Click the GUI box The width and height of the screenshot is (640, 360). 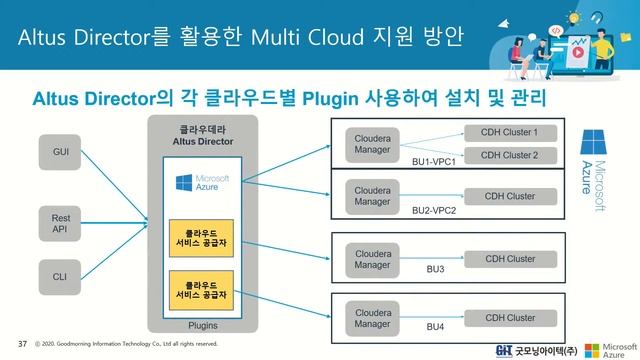pos(60,151)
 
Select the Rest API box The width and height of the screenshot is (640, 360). pos(60,222)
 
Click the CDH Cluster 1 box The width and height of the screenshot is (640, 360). pos(509,133)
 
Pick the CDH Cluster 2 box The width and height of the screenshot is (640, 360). pos(509,155)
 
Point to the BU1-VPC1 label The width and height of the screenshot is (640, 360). pos(434,162)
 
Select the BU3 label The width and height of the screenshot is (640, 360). pos(435,269)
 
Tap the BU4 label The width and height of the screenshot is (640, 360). pos(435,327)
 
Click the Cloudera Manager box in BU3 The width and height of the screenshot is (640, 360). pos(373,258)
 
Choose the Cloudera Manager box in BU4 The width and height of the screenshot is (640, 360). pos(373,317)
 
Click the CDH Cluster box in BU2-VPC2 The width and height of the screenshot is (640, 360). pos(509,196)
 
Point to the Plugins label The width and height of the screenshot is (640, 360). pos(203,326)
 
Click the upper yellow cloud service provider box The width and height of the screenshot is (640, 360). pos(202,238)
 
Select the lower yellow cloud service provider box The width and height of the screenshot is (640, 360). pos(202,289)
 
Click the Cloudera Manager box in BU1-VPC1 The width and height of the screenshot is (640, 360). pos(373,142)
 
